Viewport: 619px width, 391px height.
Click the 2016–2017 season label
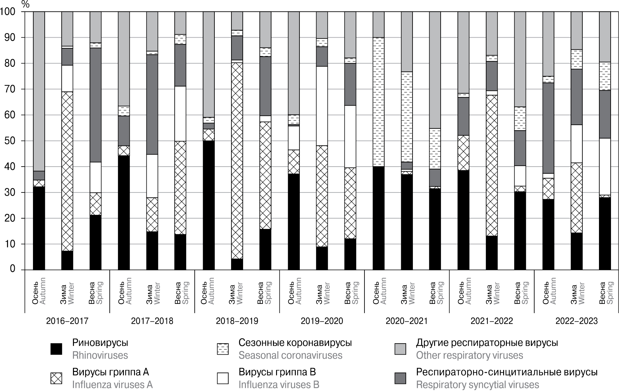[67, 321]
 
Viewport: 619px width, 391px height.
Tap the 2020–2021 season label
[407, 321]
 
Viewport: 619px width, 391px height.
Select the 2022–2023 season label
[576, 321]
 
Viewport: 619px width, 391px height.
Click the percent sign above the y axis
[26, 4]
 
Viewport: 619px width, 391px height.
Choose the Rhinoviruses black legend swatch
[56, 349]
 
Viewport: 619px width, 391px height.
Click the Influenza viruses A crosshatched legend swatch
[56, 378]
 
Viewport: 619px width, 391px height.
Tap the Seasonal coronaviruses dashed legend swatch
[223, 349]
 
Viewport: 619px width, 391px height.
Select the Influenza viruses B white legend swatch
[223, 378]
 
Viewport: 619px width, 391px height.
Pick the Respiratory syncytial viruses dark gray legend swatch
[400, 378]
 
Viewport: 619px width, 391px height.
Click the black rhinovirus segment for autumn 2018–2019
[209, 205]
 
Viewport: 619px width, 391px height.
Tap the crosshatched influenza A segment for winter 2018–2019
[237, 160]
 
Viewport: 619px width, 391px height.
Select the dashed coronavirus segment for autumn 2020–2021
[378, 102]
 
